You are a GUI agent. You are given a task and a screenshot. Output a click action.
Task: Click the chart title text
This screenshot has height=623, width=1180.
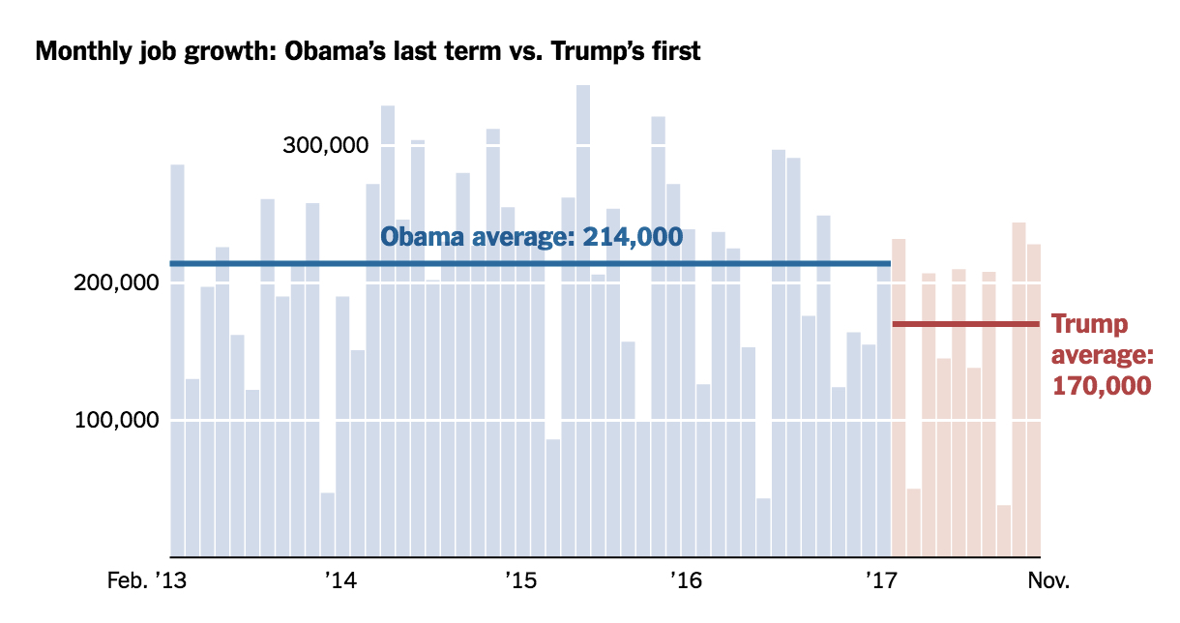368,51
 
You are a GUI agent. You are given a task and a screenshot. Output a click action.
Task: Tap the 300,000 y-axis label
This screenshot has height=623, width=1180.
326,146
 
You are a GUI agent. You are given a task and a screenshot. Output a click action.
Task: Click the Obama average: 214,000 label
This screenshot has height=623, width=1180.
531,237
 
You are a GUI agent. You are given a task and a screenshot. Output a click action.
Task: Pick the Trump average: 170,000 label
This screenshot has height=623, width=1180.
1102,354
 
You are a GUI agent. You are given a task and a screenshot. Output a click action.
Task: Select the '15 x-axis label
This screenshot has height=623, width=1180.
520,581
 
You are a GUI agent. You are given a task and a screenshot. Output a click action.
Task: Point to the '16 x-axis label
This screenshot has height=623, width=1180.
685,581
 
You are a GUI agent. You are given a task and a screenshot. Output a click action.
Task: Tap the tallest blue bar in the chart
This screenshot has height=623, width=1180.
583,319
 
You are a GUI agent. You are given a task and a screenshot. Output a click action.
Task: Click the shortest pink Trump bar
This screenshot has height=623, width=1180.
1003,532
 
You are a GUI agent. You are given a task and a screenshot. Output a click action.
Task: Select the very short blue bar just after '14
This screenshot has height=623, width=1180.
327,527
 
